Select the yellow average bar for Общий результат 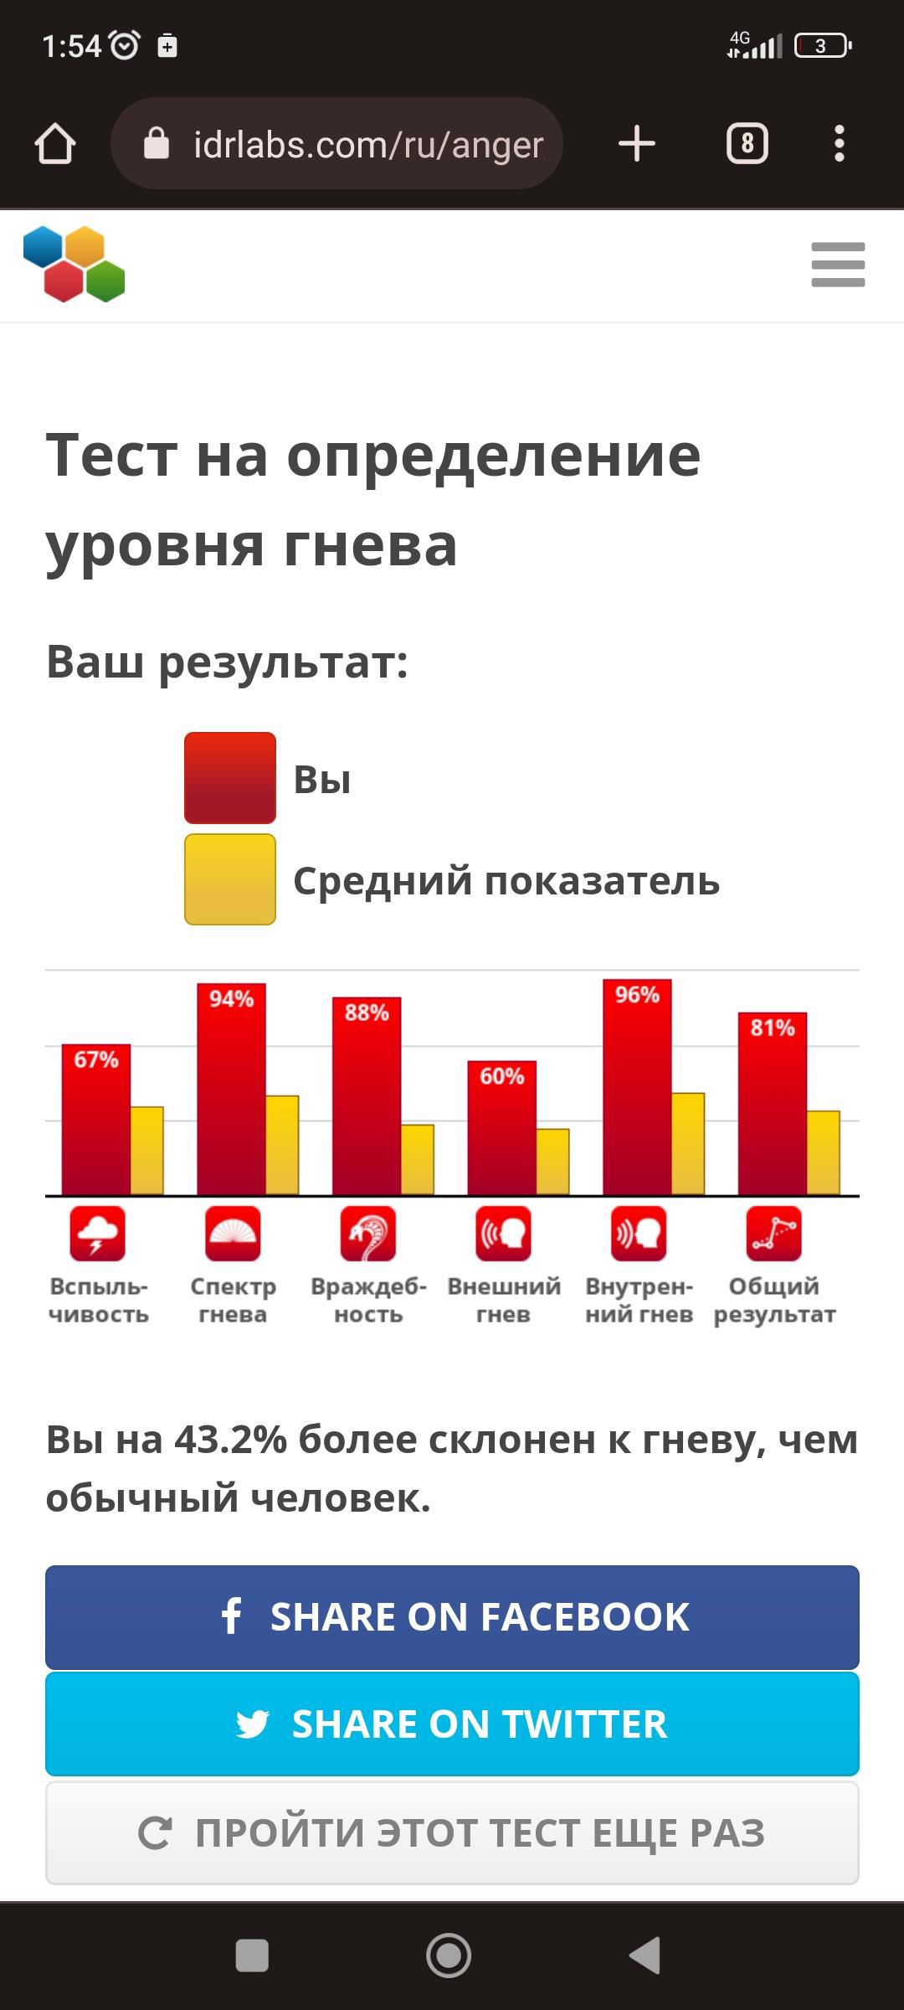tap(823, 1152)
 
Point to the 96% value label tap(637, 995)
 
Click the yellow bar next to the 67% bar tap(146, 1151)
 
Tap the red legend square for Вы tap(230, 778)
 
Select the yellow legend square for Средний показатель tap(230, 879)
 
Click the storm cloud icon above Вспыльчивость tap(98, 1234)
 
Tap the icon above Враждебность tap(368, 1234)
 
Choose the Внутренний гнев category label tap(639, 1300)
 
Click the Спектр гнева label tap(233, 1300)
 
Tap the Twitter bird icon tap(252, 1724)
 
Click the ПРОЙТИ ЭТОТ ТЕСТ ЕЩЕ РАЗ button tap(452, 1833)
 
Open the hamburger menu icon tap(838, 265)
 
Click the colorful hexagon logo tap(74, 264)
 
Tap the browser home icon tap(55, 144)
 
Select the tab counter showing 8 tap(747, 144)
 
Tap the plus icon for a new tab tap(637, 144)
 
